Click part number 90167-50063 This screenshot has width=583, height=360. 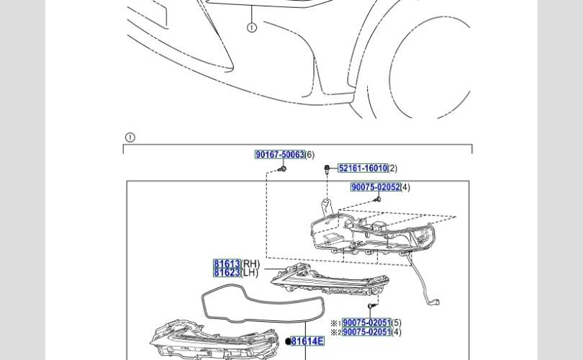280,154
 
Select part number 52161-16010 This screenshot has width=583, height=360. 363,168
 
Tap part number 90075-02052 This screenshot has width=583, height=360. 376,187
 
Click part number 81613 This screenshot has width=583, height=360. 227,264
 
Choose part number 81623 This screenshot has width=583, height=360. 227,273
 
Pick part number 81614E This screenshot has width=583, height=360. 307,341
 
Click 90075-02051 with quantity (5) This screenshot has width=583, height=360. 366,323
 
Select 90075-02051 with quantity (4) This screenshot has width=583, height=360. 366,331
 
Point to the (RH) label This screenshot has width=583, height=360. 250,264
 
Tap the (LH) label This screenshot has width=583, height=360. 250,273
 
